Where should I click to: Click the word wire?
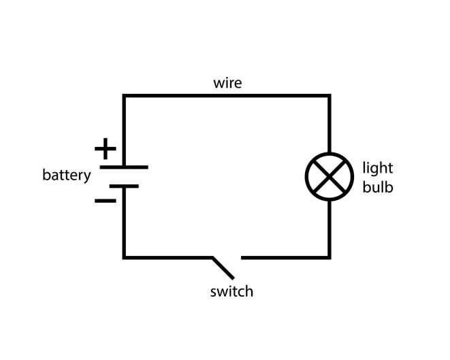227,83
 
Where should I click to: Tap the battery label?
67,175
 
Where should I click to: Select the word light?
378,168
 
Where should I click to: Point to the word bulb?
378,187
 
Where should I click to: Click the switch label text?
231,291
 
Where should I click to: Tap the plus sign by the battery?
106,148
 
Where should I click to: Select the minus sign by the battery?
106,201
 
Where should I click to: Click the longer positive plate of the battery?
124,167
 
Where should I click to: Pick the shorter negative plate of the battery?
124,186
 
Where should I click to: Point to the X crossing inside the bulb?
330,177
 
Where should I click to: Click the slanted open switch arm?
223,268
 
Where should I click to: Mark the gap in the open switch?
227,258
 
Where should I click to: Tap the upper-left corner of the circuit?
124,95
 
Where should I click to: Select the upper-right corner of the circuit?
330,95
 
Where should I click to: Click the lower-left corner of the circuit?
124,258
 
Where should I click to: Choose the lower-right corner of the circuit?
330,258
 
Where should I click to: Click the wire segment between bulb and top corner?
330,124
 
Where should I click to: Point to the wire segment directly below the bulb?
330,229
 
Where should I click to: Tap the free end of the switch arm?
233,278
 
